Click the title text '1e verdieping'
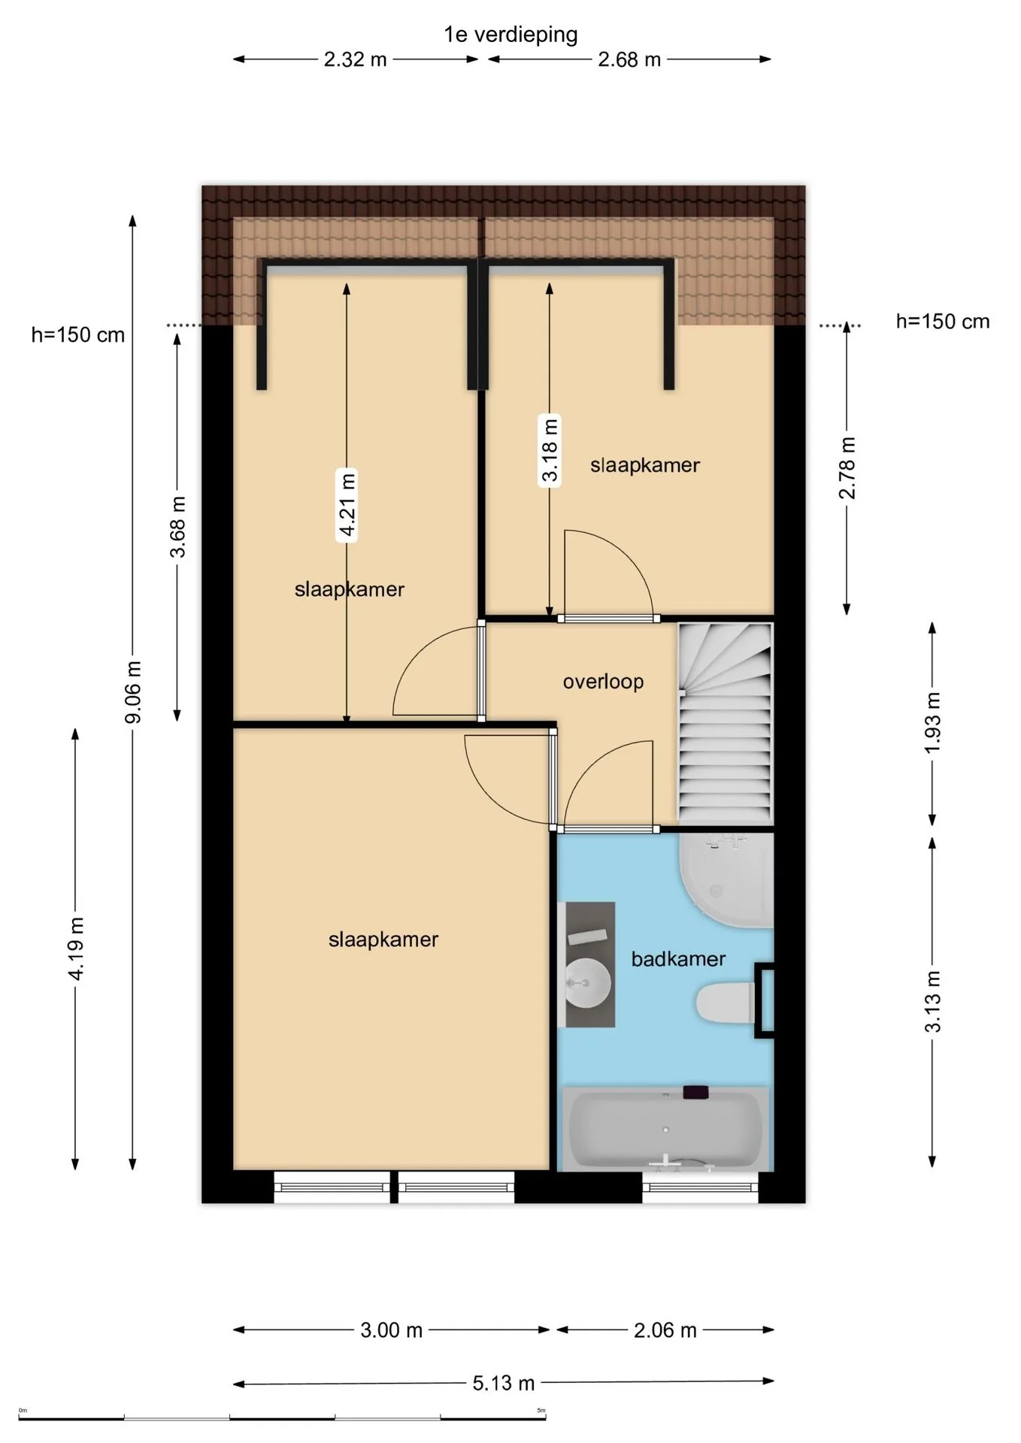click(x=510, y=35)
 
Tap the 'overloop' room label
click(x=603, y=682)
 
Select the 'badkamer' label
click(x=678, y=958)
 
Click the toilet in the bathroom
click(x=726, y=1003)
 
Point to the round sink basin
click(x=587, y=983)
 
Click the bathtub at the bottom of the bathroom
click(x=665, y=1130)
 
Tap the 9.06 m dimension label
click(x=133, y=692)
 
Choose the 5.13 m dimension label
click(x=503, y=1383)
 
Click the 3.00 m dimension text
click(x=391, y=1330)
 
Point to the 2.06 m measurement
click(x=665, y=1330)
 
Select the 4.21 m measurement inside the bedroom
click(x=347, y=504)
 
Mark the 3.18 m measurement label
click(x=550, y=449)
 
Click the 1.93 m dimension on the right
click(x=932, y=723)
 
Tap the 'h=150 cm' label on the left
click(x=78, y=335)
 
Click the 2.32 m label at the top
click(x=355, y=59)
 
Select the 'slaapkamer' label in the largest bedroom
click(x=383, y=939)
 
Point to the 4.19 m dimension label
click(x=76, y=948)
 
